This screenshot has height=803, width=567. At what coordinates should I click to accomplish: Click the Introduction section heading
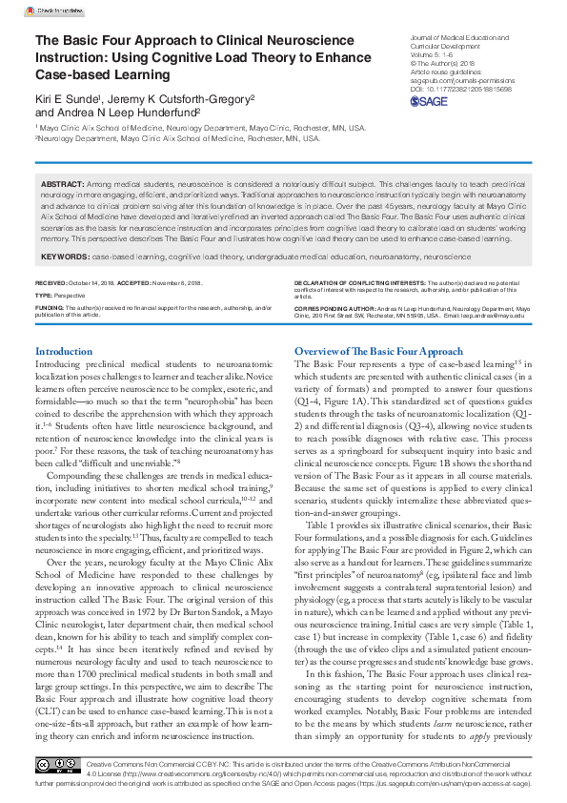pos(63,352)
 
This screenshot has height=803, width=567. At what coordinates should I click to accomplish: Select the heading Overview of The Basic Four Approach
pos(378,352)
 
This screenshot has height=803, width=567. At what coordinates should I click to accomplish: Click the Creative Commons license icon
pos(58,765)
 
